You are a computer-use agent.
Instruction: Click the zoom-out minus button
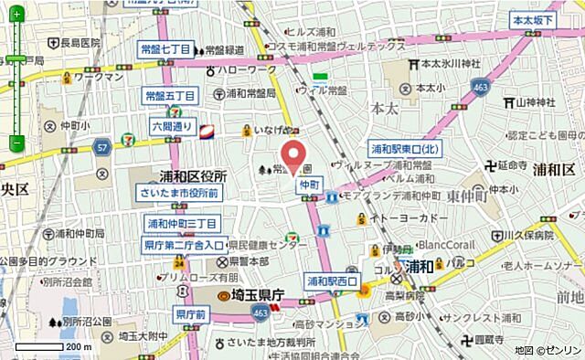click(16, 143)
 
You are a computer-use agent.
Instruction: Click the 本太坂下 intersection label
click(534, 19)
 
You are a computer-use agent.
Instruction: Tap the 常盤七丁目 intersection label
click(165, 50)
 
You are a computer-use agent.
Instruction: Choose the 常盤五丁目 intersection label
click(171, 95)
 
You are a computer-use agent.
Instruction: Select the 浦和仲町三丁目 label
click(182, 223)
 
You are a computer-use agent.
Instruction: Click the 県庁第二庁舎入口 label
click(183, 245)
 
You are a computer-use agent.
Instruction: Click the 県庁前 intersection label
click(193, 314)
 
